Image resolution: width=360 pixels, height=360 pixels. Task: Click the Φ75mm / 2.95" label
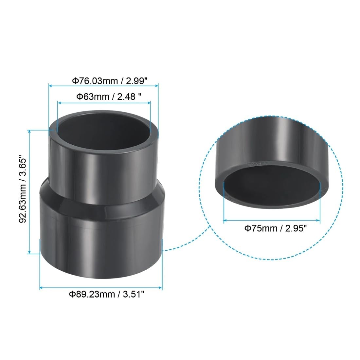pos(276,228)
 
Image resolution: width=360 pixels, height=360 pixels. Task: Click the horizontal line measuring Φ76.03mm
pos(103,85)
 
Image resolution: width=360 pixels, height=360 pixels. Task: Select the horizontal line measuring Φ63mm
pos(104,102)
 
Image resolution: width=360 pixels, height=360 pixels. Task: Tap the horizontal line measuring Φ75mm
pos(272,221)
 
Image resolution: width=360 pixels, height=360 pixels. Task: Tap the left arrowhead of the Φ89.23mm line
pos(41,288)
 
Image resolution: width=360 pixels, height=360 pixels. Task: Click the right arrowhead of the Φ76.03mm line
pos(157,85)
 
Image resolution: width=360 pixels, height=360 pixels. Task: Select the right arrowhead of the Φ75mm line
pos(319,221)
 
